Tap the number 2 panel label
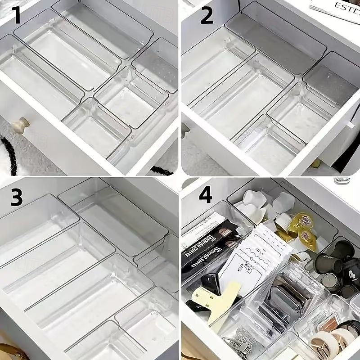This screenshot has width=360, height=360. tap(207, 16)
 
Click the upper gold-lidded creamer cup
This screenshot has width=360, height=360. tap(301, 221)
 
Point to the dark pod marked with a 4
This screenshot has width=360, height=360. tap(351, 275)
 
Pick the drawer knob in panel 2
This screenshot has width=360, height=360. tap(184, 130)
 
